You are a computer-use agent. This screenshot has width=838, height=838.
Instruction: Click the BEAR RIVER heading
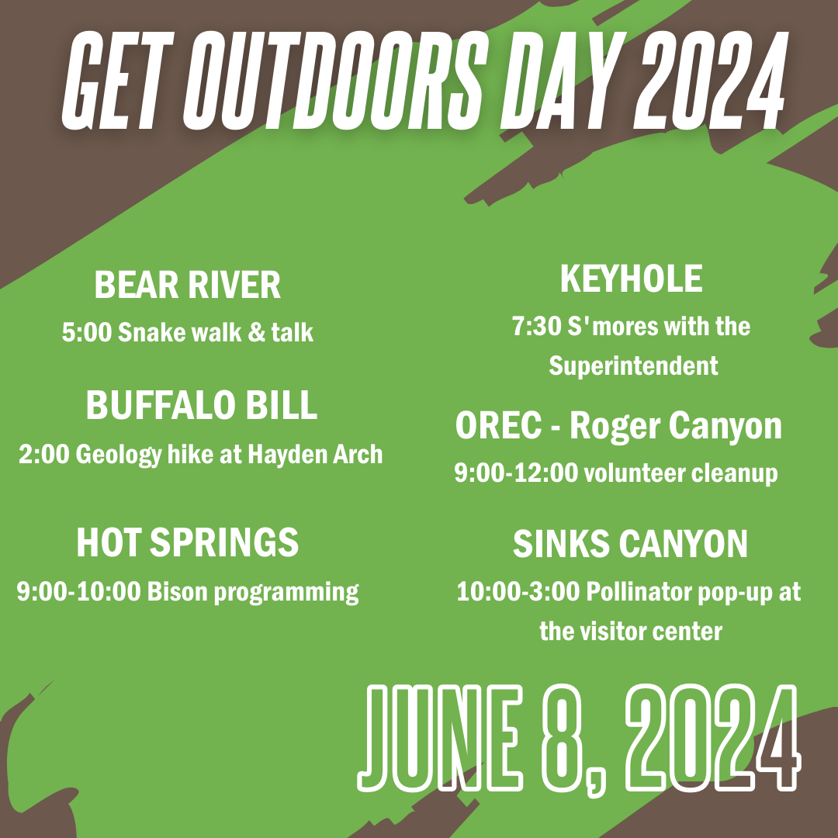point(187,286)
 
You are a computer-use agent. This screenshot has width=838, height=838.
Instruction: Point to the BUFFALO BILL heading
point(201,406)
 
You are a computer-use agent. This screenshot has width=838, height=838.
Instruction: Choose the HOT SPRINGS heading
point(187,542)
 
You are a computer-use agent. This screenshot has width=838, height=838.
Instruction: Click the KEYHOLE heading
point(631,279)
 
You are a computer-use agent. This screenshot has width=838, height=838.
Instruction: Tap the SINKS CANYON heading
point(630,545)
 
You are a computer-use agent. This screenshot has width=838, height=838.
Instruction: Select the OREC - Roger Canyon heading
point(618,426)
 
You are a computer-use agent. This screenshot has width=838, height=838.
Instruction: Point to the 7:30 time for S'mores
point(535,327)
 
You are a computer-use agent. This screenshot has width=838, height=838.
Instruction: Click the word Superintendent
point(633,365)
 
